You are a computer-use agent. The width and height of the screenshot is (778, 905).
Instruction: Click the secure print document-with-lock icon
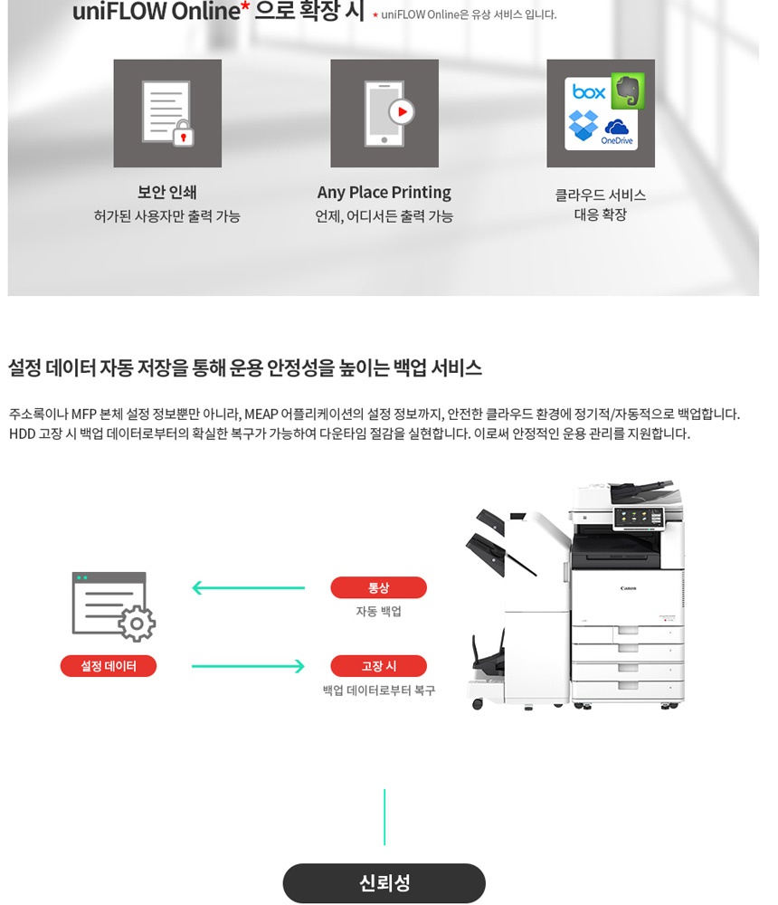[167, 113]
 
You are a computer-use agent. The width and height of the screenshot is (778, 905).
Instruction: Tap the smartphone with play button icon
[384, 113]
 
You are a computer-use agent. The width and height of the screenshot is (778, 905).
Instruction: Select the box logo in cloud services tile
[589, 92]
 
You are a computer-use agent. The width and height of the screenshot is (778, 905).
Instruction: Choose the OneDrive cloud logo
[618, 131]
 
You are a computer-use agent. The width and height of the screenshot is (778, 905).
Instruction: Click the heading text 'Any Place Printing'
[384, 193]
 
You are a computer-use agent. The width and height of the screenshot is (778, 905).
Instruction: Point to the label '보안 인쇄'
[167, 193]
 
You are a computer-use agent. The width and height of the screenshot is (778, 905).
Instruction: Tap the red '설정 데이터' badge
[109, 666]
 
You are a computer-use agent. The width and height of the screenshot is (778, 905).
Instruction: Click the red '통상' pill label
[378, 587]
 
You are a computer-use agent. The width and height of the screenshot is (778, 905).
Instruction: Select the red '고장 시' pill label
[378, 666]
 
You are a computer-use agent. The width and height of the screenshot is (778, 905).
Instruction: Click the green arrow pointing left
[249, 588]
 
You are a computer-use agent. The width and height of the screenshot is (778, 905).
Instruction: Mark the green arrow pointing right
[249, 667]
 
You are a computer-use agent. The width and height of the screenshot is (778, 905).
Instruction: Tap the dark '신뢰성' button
[384, 883]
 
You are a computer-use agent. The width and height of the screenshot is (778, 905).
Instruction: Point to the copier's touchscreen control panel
[639, 518]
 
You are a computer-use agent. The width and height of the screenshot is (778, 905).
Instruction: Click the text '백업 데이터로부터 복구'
[378, 691]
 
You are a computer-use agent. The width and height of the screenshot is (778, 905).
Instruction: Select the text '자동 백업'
[378, 612]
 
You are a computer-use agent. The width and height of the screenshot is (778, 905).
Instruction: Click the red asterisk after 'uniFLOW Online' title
[245, 9]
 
